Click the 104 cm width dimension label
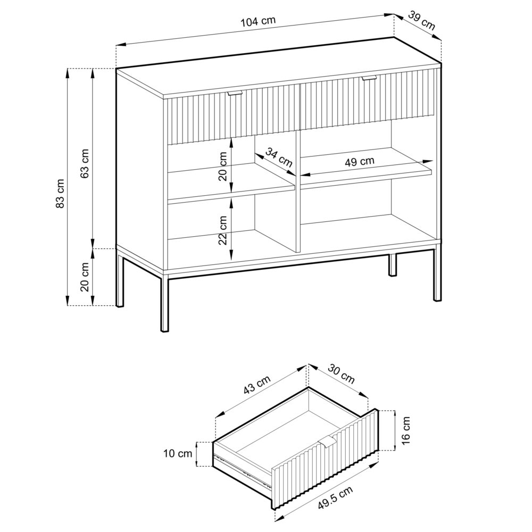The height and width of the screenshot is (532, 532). [x=258, y=21]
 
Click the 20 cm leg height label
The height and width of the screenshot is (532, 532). [x=85, y=277]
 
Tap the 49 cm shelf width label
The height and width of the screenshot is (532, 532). [x=359, y=162]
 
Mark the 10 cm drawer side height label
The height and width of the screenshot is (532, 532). [x=178, y=454]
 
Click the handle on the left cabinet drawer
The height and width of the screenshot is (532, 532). [x=234, y=94]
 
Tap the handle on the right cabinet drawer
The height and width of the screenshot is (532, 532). [x=369, y=79]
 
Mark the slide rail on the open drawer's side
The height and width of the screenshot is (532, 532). [x=239, y=468]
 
